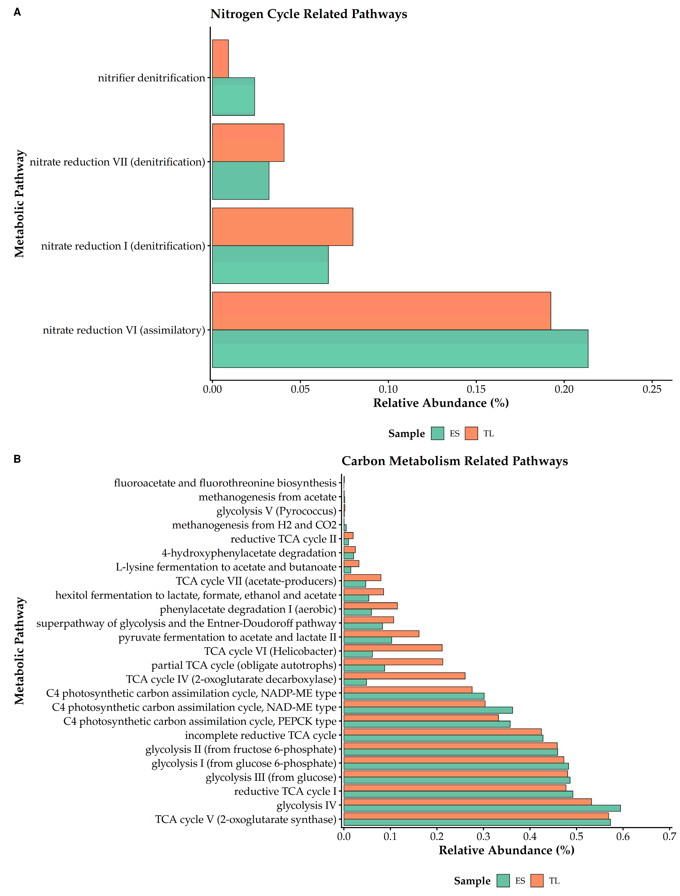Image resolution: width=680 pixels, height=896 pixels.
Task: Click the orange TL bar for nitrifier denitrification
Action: [x=220, y=59]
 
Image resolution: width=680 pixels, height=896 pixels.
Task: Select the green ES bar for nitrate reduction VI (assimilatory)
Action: [x=400, y=349]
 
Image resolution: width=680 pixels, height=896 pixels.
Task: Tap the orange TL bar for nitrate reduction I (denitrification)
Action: [x=282, y=227]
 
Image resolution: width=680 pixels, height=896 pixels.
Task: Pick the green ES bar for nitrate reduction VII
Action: [x=241, y=181]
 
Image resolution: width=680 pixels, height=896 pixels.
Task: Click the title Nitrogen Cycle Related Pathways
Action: [x=309, y=14]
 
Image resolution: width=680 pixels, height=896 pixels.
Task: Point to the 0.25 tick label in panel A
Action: [x=652, y=390]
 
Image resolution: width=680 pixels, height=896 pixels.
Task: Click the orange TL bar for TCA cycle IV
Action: [x=404, y=676]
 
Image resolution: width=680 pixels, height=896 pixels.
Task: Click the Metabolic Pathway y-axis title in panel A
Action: [x=19, y=204]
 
